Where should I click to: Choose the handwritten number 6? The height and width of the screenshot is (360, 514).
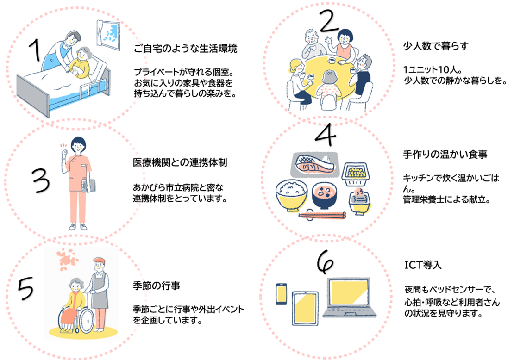pyautogui.click(x=325, y=263)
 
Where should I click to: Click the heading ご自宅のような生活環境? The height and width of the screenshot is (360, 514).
pyautogui.click(x=185, y=49)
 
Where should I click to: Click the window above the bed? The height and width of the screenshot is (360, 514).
pyautogui.click(x=107, y=32)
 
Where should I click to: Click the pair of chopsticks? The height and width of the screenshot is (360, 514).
pyautogui.click(x=322, y=215)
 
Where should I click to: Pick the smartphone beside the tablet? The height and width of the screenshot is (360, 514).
pyautogui.click(x=282, y=293)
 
